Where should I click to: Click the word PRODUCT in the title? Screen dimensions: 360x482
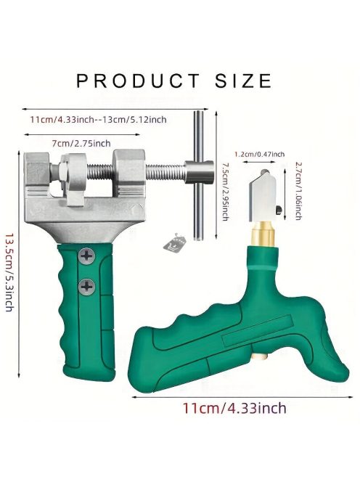pyautogui.click(x=138, y=81)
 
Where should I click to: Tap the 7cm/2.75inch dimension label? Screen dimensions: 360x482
pyautogui.click(x=81, y=143)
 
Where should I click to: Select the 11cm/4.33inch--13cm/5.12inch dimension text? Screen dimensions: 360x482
pyautogui.click(x=99, y=119)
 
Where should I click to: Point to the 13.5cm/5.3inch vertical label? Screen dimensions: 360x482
pyautogui.click(x=9, y=272)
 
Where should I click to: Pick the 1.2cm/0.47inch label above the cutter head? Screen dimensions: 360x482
pyautogui.click(x=259, y=154)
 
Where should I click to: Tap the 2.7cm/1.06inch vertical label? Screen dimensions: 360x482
pyautogui.click(x=297, y=191)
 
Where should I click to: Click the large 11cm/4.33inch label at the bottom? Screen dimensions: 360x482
pyautogui.click(x=234, y=408)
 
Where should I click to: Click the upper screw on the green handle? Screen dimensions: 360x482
pyautogui.click(x=86, y=256)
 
